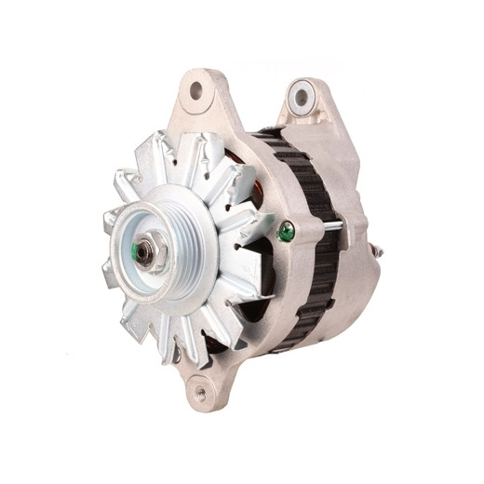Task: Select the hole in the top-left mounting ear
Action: click(x=196, y=91)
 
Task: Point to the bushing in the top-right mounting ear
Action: click(x=301, y=97)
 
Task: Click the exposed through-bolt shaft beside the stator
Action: click(x=335, y=225)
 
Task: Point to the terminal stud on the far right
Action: click(x=379, y=249)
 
